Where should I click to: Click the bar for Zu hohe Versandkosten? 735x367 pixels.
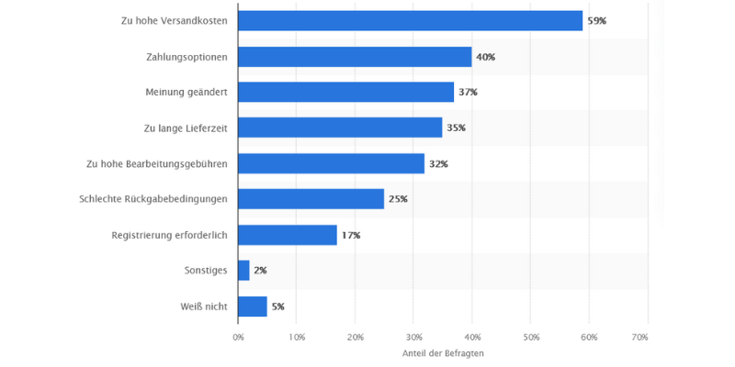[410, 21]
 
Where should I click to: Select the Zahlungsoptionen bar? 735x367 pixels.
[355, 57]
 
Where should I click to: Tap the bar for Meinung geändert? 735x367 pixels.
[345, 93]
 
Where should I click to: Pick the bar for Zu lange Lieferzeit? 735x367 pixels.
[340, 128]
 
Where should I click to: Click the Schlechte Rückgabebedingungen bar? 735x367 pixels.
[311, 199]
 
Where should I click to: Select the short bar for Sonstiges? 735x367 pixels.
[243, 271]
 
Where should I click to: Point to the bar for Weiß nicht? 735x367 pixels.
[252, 306]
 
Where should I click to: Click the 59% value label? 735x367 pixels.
[597, 21]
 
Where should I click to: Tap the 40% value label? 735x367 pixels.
[486, 57]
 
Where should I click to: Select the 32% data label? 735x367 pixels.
[438, 164]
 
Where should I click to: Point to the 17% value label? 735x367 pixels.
[351, 236]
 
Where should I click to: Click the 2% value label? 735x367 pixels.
[260, 271]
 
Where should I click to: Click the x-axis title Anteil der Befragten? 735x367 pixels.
[443, 353]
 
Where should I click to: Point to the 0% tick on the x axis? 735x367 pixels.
[238, 338]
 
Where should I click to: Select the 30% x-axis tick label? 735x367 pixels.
[413, 338]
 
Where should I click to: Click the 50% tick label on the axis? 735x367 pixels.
[530, 338]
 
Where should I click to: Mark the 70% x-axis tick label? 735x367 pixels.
[648, 338]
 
